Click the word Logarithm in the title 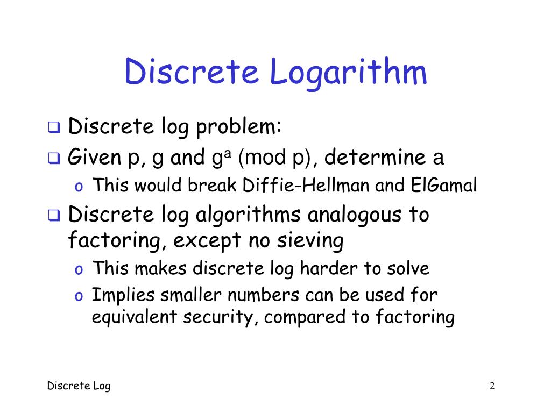[x=349, y=73]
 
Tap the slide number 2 [x=492, y=386]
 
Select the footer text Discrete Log [x=79, y=386]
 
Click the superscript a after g [x=227, y=153]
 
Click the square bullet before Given [x=54, y=159]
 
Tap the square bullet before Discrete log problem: [x=54, y=129]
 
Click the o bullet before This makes [x=79, y=269]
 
